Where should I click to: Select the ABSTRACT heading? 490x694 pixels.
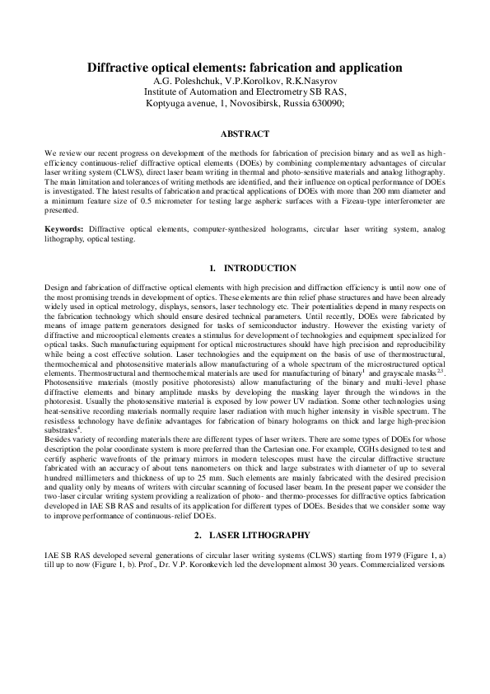pos(245,133)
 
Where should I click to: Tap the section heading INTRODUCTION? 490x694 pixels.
pos(259,268)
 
